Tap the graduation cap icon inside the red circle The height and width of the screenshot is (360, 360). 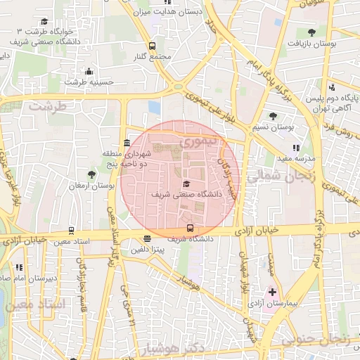click(186, 182)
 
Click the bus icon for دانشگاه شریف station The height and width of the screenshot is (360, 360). click(190, 228)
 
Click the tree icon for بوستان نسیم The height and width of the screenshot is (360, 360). click(274, 116)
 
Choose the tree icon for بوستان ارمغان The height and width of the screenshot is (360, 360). click(91, 174)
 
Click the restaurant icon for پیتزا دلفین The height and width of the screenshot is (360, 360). click(146, 239)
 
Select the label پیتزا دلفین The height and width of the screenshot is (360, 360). click(150, 250)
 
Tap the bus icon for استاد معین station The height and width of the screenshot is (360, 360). click(71, 231)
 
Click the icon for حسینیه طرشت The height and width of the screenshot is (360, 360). click(89, 72)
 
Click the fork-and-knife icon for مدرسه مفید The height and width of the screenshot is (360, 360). click(296, 148)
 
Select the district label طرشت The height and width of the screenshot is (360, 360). click(47, 106)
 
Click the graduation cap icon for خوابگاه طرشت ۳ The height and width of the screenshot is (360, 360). click(45, 22)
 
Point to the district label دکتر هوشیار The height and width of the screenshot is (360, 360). click(172, 349)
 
